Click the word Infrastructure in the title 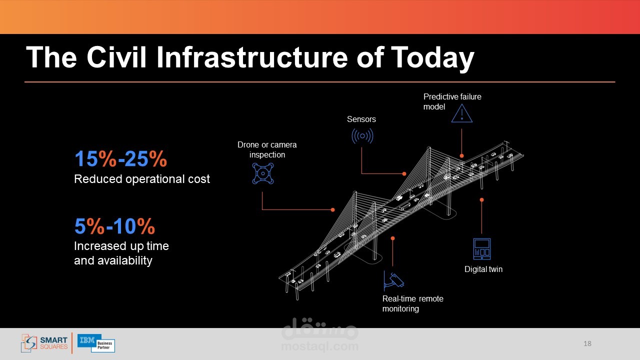[x=252, y=57]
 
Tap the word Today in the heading [x=432, y=58]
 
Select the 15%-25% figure [x=120, y=158]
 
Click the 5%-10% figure [x=114, y=226]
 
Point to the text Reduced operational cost [x=141, y=179]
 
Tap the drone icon [x=263, y=173]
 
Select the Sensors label [x=361, y=119]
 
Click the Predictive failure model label [x=452, y=101]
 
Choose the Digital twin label [x=483, y=269]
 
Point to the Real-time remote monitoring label [x=413, y=303]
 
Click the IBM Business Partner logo [x=96, y=343]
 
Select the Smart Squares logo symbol [x=29, y=343]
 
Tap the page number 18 [x=587, y=343]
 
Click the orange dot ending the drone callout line [x=332, y=209]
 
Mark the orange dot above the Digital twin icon [x=481, y=199]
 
